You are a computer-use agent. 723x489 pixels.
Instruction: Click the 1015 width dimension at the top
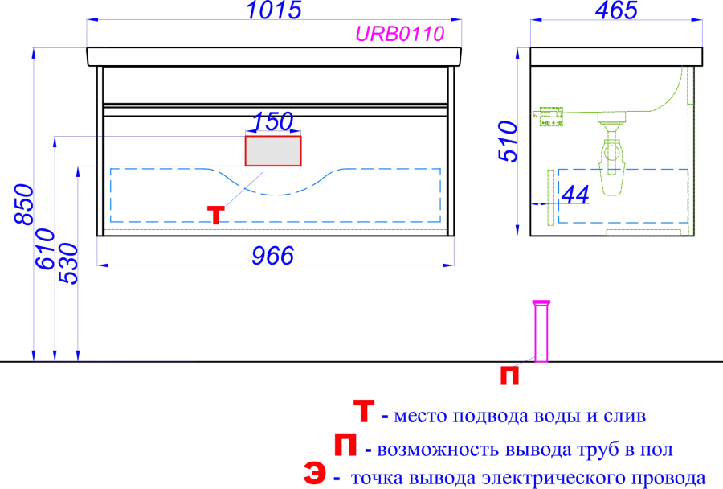click(274, 10)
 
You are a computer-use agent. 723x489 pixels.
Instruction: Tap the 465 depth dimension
click(617, 10)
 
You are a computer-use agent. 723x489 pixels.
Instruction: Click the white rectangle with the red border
click(273, 151)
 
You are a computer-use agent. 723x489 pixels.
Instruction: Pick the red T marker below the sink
click(215, 214)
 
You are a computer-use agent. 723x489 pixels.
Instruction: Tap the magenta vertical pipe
click(543, 331)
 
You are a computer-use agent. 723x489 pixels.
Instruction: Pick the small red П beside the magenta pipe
click(509, 374)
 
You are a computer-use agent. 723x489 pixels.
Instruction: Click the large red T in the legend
click(364, 413)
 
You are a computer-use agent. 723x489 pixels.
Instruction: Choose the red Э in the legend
click(316, 474)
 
